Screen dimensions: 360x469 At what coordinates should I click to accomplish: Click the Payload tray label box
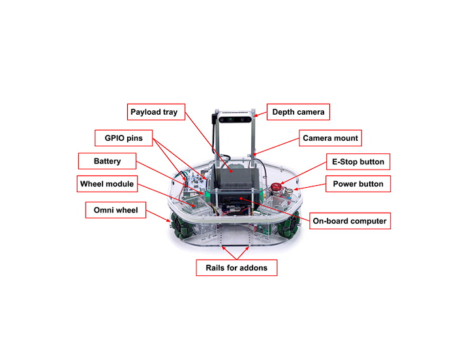tap(153, 112)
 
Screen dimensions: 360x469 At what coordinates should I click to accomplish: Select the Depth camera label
tap(298, 112)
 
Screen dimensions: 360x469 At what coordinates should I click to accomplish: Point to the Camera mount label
tap(331, 138)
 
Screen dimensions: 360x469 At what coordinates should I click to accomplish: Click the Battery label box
tap(108, 160)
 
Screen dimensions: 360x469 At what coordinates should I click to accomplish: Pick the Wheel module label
tap(107, 184)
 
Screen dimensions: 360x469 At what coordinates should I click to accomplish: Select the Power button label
tap(358, 184)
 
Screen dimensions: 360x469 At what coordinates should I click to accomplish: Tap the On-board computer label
tap(349, 221)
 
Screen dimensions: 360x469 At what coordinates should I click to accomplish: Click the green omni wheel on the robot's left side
tap(180, 226)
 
